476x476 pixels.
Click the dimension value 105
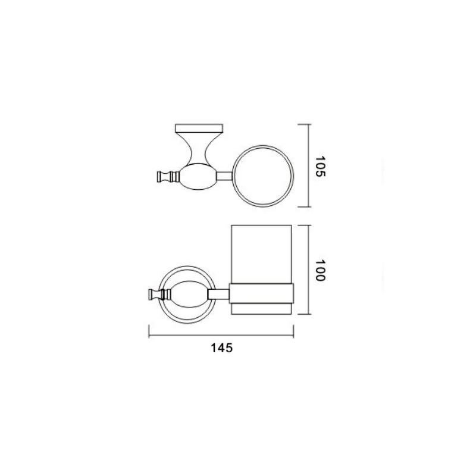(320, 167)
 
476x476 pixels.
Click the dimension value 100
(320, 270)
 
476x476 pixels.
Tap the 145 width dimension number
(221, 348)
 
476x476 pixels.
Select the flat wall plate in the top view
(199, 128)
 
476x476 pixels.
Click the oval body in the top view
(198, 176)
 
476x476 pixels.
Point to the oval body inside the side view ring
(189, 295)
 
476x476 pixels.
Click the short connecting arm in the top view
(224, 176)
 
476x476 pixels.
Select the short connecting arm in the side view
(218, 294)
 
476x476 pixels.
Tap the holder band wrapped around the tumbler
(261, 293)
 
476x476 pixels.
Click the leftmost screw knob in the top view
(162, 177)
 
